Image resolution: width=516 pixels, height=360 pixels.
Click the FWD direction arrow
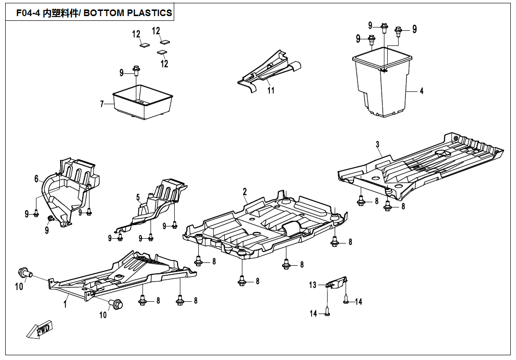tap(39, 330)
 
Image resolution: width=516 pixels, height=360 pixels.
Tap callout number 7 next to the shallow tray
tap(102, 104)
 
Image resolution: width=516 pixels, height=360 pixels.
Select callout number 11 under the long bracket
tap(271, 90)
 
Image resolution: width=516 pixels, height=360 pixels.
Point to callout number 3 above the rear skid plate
tap(377, 144)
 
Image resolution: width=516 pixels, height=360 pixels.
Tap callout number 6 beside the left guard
tap(36, 179)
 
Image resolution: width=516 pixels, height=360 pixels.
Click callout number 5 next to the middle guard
tap(138, 197)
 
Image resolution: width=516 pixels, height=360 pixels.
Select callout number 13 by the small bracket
tap(313, 285)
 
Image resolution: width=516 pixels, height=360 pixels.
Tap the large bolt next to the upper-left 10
tap(24, 272)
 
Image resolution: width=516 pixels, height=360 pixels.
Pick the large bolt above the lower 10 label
tap(116, 304)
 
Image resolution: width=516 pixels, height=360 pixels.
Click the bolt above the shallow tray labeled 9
tap(136, 71)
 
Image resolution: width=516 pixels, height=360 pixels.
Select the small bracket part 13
tap(337, 283)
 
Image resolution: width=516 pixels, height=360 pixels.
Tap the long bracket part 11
tap(267, 71)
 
